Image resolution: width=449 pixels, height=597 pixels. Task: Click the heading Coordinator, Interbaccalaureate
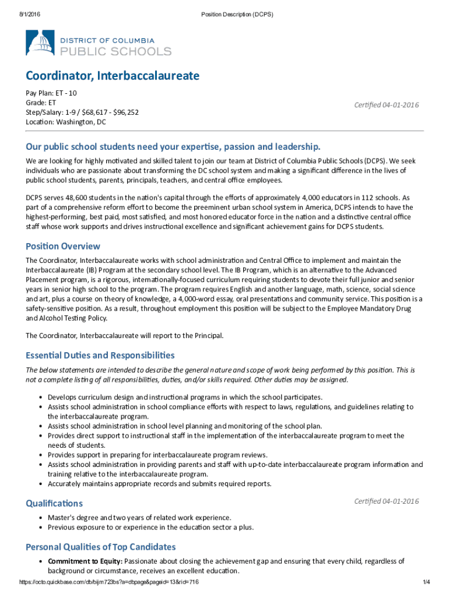(112, 76)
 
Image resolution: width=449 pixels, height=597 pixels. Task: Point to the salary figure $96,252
(125, 112)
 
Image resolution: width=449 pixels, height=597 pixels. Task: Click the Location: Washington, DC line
(65, 122)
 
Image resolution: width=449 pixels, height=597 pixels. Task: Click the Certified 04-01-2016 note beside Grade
(386, 105)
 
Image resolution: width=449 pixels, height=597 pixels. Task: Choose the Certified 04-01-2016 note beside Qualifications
(386, 501)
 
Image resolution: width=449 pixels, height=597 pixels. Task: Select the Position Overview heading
(63, 246)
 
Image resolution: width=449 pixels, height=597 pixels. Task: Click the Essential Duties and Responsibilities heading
(100, 355)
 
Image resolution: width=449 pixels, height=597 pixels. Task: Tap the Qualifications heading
(54, 503)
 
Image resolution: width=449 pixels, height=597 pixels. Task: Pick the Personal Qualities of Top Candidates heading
(101, 547)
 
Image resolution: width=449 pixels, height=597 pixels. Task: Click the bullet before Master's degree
(40, 518)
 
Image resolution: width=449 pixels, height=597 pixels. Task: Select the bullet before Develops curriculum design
(40, 398)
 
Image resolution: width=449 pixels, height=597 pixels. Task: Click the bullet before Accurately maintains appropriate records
(40, 484)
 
